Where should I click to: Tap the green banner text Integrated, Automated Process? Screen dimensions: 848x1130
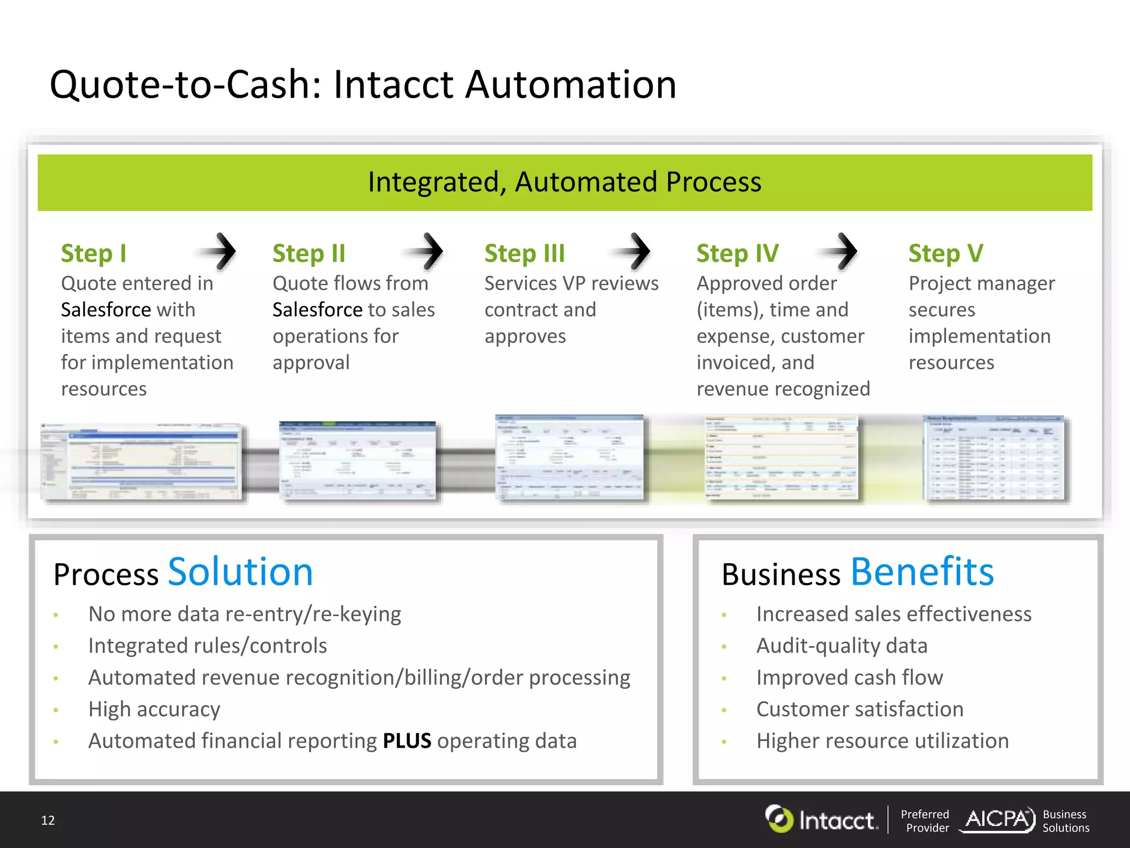tap(564, 182)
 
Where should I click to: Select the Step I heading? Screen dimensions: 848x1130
tap(94, 253)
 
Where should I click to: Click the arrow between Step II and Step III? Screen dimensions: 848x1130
tap(428, 252)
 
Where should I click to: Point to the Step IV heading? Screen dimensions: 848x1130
tap(737, 253)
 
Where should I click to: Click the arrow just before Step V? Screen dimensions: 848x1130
tap(842, 252)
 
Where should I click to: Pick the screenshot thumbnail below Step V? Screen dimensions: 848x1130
tap(995, 458)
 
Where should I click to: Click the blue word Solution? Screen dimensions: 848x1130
tap(240, 572)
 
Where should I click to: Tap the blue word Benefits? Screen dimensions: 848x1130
tap(922, 572)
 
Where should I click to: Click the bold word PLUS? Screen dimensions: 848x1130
tap(407, 741)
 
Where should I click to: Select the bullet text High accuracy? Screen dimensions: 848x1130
tap(154, 709)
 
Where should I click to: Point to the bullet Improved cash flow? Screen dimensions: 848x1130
tap(849, 677)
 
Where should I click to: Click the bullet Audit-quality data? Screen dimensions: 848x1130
tap(841, 646)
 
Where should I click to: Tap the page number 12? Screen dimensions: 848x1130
tap(48, 820)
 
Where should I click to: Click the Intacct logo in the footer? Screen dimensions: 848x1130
tap(821, 819)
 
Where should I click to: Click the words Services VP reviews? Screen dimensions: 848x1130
tap(571, 283)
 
